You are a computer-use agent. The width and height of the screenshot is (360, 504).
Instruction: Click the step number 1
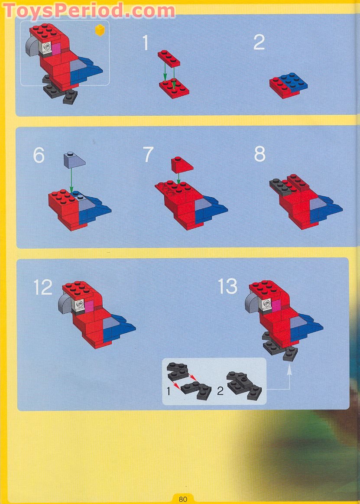pyautogui.click(x=146, y=43)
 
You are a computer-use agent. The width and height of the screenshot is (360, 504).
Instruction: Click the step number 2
pyautogui.click(x=259, y=42)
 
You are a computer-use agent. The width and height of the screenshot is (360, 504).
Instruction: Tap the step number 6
pyautogui.click(x=39, y=155)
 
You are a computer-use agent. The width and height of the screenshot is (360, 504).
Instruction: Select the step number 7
pyautogui.click(x=149, y=155)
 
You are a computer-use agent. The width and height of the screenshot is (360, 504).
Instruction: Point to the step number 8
pyautogui.click(x=259, y=154)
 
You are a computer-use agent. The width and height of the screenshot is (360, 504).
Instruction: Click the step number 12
pyautogui.click(x=43, y=288)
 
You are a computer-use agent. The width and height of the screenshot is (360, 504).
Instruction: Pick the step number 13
pyautogui.click(x=228, y=286)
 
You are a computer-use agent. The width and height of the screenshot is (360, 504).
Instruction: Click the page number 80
pyautogui.click(x=183, y=499)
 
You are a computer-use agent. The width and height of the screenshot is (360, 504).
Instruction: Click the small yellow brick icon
pyautogui.click(x=100, y=29)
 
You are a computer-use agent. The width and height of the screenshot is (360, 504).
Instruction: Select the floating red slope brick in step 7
pyautogui.click(x=182, y=163)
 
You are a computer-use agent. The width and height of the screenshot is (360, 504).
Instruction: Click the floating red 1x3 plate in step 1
pyautogui.click(x=169, y=58)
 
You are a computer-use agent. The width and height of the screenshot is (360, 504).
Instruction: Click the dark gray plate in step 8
pyautogui.click(x=281, y=185)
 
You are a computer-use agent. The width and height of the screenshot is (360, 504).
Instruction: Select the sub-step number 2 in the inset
pyautogui.click(x=220, y=391)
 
